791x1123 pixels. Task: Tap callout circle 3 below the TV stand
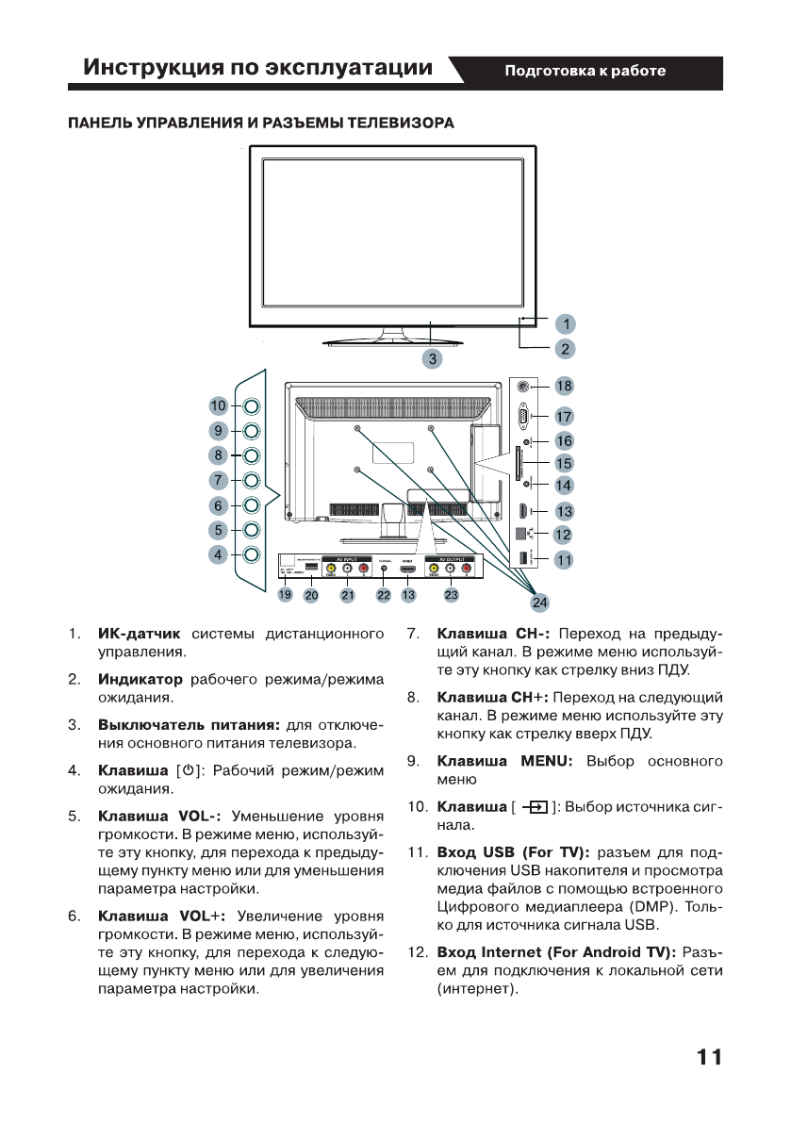pyautogui.click(x=432, y=358)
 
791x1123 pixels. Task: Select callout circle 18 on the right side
pyautogui.click(x=564, y=386)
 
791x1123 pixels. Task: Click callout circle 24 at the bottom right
pyautogui.click(x=538, y=602)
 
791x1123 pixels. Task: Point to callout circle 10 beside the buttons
pyautogui.click(x=219, y=405)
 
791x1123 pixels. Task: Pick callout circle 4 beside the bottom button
pyautogui.click(x=219, y=554)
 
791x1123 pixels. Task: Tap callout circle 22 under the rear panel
pyautogui.click(x=384, y=594)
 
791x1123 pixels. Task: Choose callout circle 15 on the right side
pyautogui.click(x=564, y=463)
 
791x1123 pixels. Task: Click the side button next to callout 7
pyautogui.click(x=252, y=480)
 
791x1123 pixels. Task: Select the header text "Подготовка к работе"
pyautogui.click(x=585, y=71)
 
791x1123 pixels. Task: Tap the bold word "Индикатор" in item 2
pyautogui.click(x=140, y=679)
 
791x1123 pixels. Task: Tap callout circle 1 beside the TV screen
pyautogui.click(x=564, y=323)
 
